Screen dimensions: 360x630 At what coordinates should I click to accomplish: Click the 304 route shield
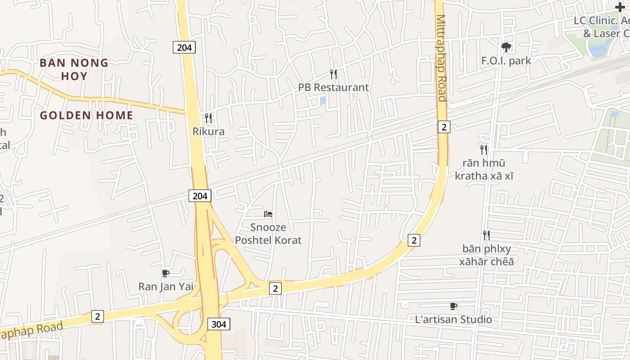point(219,324)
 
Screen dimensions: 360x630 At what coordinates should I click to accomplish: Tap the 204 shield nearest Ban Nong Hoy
point(184,47)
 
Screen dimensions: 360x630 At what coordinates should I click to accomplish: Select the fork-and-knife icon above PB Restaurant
point(333,74)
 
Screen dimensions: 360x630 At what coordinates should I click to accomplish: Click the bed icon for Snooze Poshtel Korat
point(268,214)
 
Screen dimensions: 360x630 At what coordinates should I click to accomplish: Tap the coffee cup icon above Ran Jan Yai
point(166,273)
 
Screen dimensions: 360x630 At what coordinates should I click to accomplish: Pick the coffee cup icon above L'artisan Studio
point(454,306)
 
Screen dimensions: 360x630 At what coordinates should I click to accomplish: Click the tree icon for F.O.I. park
point(506,47)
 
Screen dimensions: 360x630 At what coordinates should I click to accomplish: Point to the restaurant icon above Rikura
point(208,118)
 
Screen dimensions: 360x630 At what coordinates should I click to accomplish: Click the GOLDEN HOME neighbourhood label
point(86,116)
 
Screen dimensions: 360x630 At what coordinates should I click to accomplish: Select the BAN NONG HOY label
point(74,69)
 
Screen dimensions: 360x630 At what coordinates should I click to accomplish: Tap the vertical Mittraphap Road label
point(441,58)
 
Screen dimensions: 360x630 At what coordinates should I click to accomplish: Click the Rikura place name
point(208,132)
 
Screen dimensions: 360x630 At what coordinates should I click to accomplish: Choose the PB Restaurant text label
point(333,87)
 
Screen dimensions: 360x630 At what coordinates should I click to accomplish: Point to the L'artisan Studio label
point(454,319)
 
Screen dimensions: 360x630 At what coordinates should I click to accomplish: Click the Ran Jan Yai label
point(166,286)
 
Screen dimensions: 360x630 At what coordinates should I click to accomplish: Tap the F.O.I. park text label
point(506,61)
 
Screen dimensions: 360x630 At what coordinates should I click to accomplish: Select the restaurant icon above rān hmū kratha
point(484,149)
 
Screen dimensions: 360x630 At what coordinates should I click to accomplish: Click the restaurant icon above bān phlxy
point(486,235)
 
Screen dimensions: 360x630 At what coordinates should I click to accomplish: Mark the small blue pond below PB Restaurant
point(323,101)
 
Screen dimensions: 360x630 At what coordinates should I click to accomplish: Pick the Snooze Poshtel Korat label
point(268,234)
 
